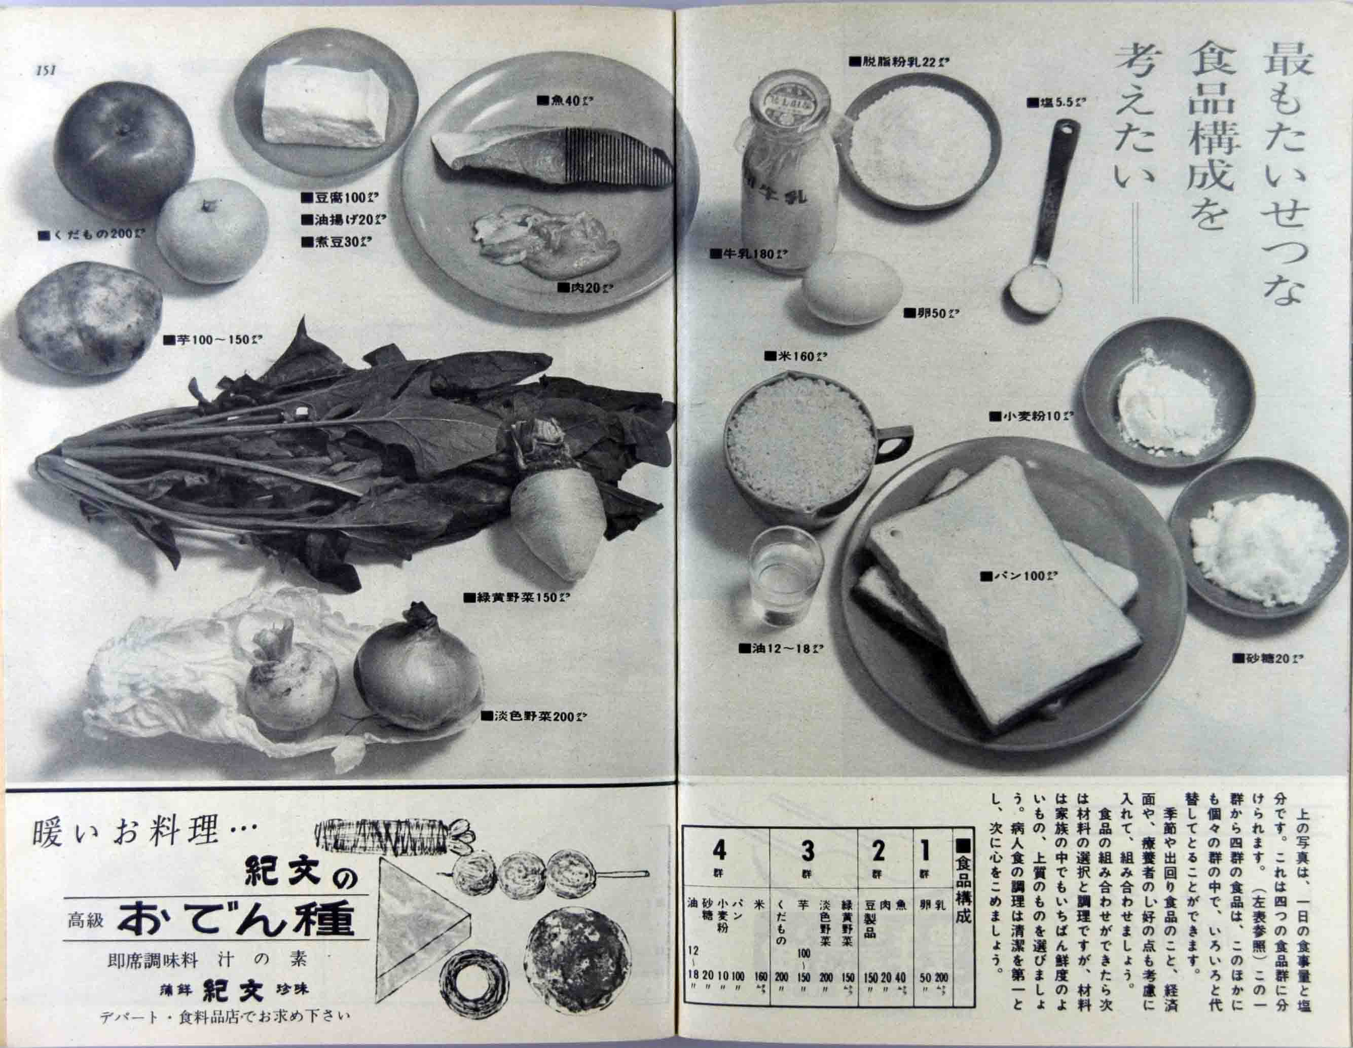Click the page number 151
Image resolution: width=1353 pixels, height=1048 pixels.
(47, 70)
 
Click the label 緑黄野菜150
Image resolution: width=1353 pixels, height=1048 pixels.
(517, 598)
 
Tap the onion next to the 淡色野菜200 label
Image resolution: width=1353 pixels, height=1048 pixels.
(418, 669)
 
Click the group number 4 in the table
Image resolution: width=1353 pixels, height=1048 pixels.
(719, 852)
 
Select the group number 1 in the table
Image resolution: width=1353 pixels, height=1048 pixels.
(925, 852)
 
